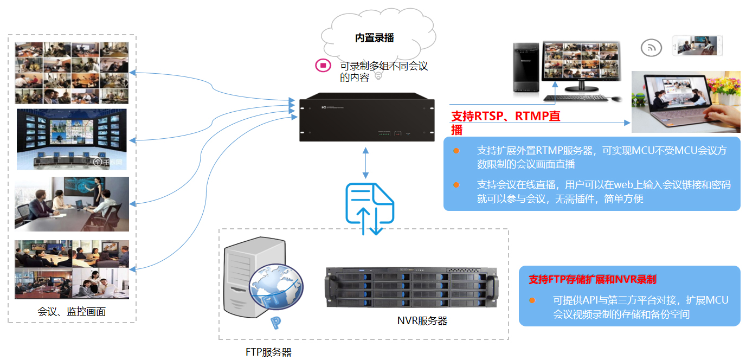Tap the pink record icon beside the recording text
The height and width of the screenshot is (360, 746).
[323, 66]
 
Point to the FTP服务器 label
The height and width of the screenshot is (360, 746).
[268, 352]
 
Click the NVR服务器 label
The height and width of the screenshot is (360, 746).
[422, 320]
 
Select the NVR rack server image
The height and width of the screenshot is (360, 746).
[411, 288]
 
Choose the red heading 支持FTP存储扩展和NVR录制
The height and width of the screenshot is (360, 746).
[592, 280]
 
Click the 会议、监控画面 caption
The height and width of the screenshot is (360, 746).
[72, 312]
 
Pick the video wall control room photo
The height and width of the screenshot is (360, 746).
[72, 139]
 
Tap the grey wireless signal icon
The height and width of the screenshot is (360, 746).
[652, 48]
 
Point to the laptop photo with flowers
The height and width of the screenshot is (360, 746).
[686, 102]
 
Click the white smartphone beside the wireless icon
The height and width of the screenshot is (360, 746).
[697, 46]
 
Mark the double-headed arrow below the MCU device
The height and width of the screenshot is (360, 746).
[366, 163]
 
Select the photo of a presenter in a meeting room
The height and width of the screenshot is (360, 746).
[72, 204]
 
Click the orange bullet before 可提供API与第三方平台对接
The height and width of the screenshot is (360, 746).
[532, 300]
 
